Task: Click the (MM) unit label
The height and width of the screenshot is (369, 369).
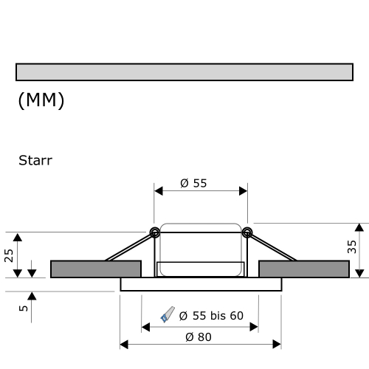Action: pos(41,101)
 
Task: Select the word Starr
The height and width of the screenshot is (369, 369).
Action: pos(35,159)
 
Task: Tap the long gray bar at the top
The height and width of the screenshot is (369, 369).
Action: pos(184,72)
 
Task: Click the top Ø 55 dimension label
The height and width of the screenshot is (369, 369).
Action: pos(193,184)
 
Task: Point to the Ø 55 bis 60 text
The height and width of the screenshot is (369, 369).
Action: pos(210,316)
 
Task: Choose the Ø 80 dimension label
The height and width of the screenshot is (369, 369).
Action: pos(200,337)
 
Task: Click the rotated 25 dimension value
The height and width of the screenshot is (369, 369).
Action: pos(9,255)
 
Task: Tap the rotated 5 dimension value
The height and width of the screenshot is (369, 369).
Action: pos(24,308)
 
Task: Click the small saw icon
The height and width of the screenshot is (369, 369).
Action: pos(167,316)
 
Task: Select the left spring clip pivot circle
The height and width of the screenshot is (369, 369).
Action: pos(155,233)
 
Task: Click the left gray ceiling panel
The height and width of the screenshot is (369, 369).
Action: pos(95,269)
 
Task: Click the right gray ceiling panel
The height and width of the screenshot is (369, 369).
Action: pos(304,269)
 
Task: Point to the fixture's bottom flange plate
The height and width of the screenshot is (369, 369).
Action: pos(200,284)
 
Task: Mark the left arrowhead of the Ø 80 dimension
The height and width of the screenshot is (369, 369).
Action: pos(124,344)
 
